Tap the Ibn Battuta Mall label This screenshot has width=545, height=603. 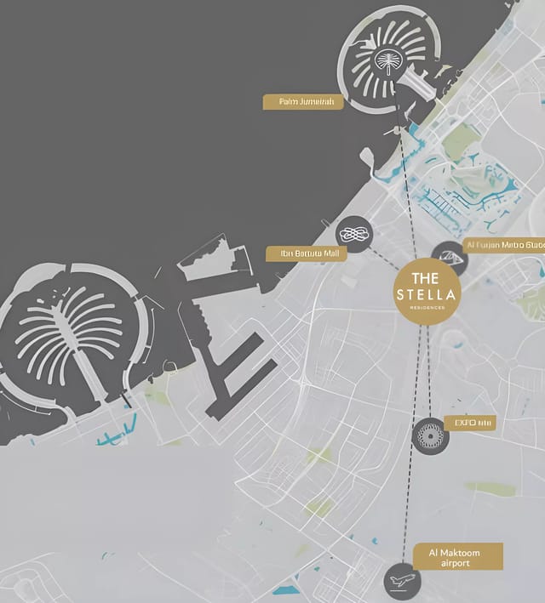point(307,253)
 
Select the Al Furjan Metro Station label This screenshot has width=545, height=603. point(504,245)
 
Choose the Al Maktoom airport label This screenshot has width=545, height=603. point(457,558)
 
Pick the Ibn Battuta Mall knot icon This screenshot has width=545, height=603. point(353,234)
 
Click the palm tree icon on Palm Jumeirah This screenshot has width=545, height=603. point(388,60)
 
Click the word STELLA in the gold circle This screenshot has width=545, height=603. point(427,294)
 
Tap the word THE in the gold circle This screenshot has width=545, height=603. point(426,278)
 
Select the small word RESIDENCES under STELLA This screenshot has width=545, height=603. point(427,308)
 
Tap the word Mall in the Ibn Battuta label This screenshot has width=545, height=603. point(330,253)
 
